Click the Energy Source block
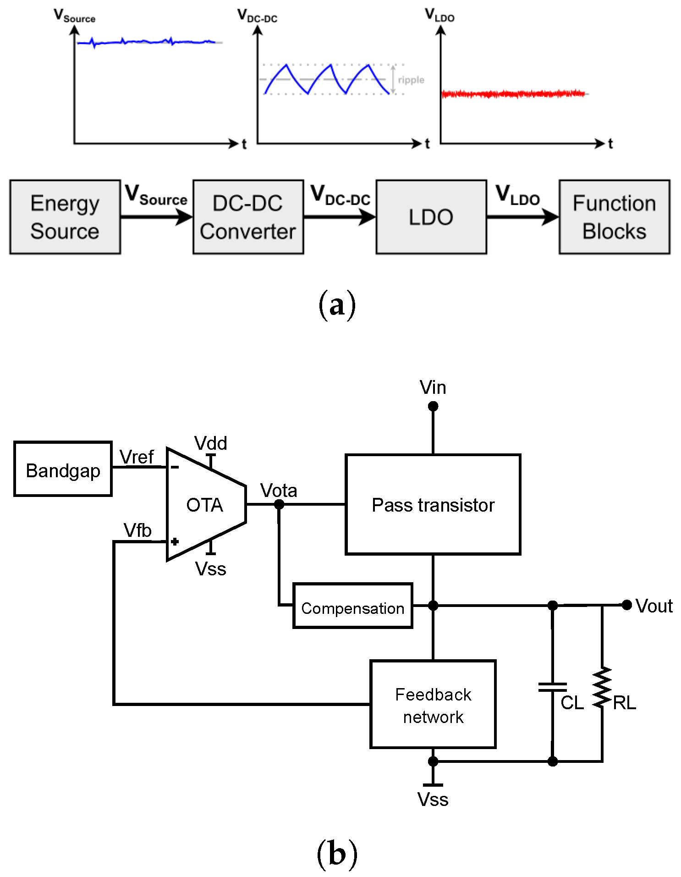point(65,217)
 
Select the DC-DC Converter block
point(248,217)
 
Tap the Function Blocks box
point(614,217)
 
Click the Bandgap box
point(63,469)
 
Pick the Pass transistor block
point(433,504)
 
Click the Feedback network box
point(433,704)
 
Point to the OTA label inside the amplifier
point(204,505)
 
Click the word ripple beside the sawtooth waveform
point(411,80)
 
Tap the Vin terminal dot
point(433,406)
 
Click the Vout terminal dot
point(626,605)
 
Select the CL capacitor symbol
point(553,687)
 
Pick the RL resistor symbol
point(602,688)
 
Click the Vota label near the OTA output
point(279,491)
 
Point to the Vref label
point(136,457)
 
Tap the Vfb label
point(137,530)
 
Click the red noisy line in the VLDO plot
point(513,94)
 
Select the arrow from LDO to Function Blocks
point(522,217)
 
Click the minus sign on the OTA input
point(175,467)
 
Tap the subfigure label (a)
point(337,304)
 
